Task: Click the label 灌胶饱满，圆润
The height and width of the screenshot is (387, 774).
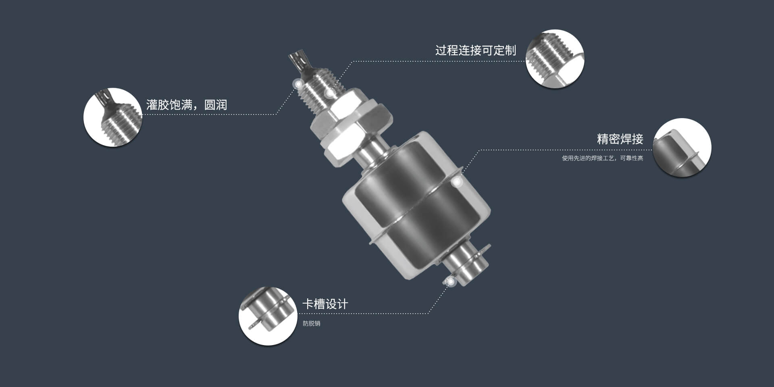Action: [186, 105]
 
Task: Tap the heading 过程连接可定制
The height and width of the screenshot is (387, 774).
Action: [475, 51]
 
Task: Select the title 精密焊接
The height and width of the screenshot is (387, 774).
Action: [620, 139]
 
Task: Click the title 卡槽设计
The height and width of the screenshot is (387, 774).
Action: [325, 304]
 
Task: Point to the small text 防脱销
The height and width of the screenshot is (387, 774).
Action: [311, 324]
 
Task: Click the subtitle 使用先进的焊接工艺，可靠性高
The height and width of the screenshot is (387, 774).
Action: [602, 158]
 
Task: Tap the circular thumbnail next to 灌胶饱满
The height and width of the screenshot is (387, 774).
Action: [112, 117]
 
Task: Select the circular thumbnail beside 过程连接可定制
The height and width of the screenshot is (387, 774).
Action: [555, 58]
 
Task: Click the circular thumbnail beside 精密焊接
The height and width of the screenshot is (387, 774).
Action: [682, 148]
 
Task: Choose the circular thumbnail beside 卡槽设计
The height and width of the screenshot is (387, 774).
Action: [268, 316]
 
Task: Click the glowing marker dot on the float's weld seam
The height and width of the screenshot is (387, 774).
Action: [457, 182]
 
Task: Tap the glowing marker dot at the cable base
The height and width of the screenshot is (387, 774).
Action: [298, 84]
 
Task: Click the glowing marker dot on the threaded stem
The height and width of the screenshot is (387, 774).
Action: [330, 94]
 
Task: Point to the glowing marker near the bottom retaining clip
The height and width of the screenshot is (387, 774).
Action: [450, 281]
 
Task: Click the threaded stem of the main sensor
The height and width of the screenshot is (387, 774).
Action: [318, 93]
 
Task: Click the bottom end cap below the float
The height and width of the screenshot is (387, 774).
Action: [468, 266]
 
